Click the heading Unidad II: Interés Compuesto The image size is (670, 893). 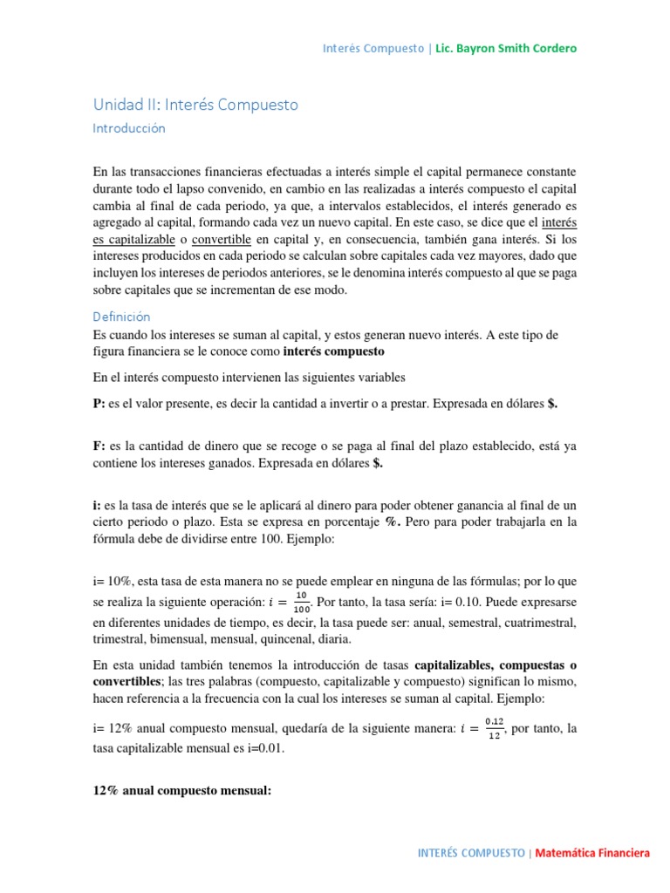tap(195, 105)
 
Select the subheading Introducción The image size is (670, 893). tap(128, 128)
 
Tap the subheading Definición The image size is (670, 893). tap(121, 317)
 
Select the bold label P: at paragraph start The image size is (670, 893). tap(99, 405)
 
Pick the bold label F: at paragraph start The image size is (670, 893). tap(99, 446)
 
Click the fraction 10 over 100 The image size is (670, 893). tap(301, 602)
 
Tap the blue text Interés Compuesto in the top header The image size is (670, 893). tap(373, 48)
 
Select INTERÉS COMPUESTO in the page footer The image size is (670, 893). tap(471, 852)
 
